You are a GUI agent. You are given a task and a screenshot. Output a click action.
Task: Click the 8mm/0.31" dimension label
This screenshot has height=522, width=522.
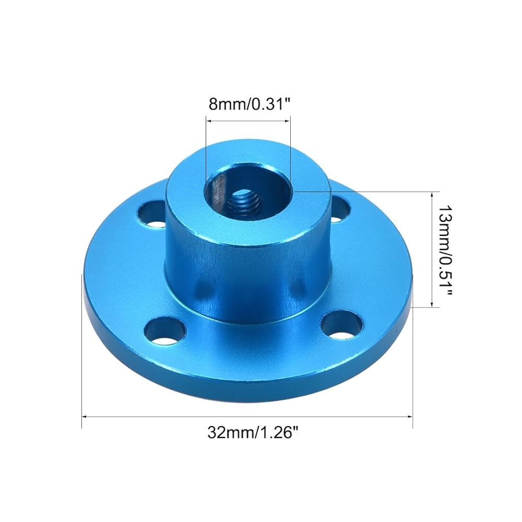click(250, 104)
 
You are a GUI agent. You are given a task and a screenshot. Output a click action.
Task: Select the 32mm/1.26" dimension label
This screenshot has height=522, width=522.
click(252, 433)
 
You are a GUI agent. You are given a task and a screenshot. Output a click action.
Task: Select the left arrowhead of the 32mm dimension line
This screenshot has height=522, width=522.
click(85, 416)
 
